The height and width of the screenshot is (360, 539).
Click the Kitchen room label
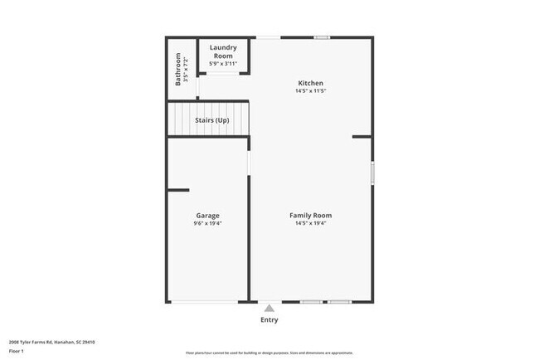point(311,83)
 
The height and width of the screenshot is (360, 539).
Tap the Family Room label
point(311,215)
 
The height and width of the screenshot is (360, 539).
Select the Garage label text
point(207,215)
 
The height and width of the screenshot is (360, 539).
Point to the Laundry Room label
point(223,51)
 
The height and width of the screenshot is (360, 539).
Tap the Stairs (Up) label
point(211,121)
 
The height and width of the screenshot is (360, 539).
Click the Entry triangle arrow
point(269,308)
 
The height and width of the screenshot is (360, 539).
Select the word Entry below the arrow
point(269,320)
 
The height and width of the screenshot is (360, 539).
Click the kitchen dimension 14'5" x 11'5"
point(311,91)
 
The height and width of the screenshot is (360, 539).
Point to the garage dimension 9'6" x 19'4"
point(207,223)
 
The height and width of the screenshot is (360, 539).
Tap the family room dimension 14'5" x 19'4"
point(311,223)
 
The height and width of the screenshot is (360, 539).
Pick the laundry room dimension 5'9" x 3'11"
point(223,64)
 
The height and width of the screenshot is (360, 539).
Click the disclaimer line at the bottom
point(269,353)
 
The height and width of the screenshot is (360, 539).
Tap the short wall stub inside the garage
point(178,191)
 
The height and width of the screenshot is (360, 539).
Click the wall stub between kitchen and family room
point(362,136)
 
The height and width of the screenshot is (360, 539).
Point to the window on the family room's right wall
point(372,172)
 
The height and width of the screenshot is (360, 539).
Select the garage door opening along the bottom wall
point(207,301)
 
